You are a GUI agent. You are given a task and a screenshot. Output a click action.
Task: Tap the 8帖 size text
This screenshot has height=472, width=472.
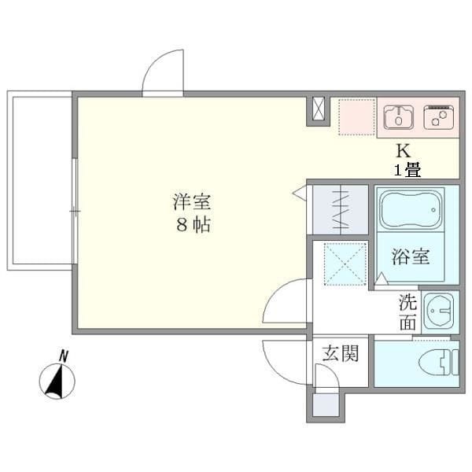192,224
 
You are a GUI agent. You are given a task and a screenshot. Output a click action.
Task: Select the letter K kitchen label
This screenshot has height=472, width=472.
402,150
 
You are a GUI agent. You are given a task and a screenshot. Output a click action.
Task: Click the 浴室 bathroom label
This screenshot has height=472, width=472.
411,256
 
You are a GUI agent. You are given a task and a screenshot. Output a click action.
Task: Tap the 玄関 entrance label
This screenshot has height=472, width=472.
340,353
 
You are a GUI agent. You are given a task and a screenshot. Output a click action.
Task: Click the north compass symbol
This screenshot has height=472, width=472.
57,382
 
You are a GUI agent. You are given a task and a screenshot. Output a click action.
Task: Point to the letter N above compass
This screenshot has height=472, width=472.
65,356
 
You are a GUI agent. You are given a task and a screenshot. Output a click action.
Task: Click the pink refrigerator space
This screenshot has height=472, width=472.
357,116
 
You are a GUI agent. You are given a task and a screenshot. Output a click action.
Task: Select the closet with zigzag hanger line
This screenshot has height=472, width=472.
340,208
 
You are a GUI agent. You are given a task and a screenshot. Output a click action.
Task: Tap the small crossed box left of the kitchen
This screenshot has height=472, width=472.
318,110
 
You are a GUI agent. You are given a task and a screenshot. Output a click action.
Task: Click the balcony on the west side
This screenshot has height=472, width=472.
39,179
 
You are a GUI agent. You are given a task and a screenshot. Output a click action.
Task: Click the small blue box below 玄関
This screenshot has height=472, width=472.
324,404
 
